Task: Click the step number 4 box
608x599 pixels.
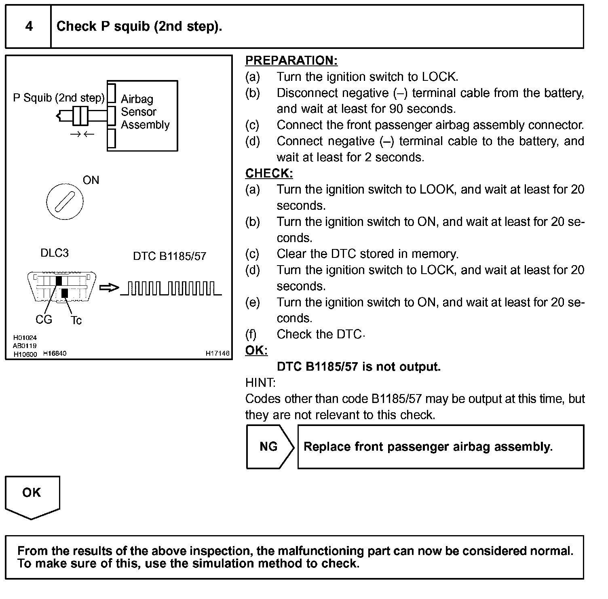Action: point(28,27)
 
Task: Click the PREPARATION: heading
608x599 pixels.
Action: point(291,61)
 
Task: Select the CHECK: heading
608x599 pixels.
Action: point(269,173)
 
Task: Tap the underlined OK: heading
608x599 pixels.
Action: point(256,350)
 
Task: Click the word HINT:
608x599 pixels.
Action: point(260,383)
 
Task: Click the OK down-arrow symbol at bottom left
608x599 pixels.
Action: point(32,496)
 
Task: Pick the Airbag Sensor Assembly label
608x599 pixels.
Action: point(145,112)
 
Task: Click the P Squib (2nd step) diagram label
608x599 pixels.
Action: point(59,98)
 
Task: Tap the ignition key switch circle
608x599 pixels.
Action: point(65,201)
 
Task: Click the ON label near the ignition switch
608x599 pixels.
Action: point(91,180)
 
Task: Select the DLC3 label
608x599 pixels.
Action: point(55,253)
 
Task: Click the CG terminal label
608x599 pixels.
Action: point(44,320)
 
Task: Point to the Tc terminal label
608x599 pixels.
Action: point(76,321)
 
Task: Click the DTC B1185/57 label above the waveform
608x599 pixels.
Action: point(169,256)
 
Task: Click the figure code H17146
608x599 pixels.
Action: point(217,353)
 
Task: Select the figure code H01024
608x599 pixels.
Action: point(25,338)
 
